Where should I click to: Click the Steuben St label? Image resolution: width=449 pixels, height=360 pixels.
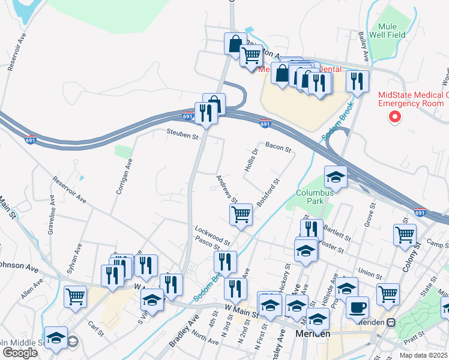click(x=182, y=137)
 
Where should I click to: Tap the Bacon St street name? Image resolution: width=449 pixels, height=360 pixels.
click(x=278, y=146)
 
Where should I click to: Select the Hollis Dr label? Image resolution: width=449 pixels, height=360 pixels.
click(x=251, y=160)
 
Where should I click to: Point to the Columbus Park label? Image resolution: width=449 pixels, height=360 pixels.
click(x=314, y=197)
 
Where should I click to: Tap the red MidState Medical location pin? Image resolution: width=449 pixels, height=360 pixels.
click(x=395, y=116)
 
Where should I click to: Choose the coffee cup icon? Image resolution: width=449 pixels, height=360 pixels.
click(x=358, y=307)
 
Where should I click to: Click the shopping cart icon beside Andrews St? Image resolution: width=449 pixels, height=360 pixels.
click(x=241, y=214)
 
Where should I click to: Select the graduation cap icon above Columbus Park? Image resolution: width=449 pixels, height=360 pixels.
click(x=336, y=176)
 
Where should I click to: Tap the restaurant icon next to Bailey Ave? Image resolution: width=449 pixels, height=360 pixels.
click(x=357, y=81)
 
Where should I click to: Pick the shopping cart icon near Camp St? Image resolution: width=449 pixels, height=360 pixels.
click(x=405, y=234)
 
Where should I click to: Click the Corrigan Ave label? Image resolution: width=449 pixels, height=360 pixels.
click(x=124, y=175)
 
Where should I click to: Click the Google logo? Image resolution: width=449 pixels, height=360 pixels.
click(x=20, y=352)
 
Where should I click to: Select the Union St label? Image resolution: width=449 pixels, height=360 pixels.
click(x=370, y=275)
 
